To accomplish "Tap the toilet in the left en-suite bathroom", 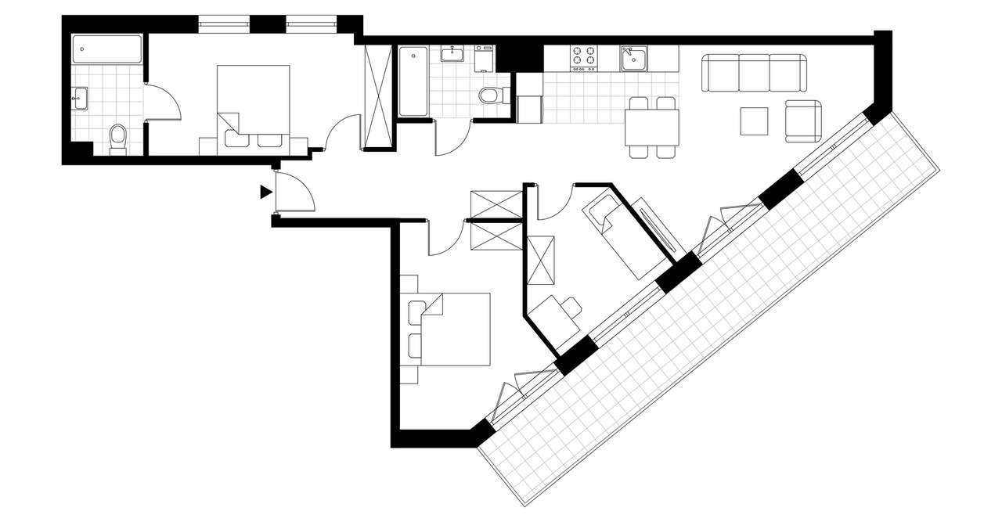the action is (x=118, y=138).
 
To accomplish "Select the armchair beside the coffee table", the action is (x=804, y=119).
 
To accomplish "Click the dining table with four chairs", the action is (x=651, y=126).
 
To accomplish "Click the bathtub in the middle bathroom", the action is (x=413, y=81).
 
